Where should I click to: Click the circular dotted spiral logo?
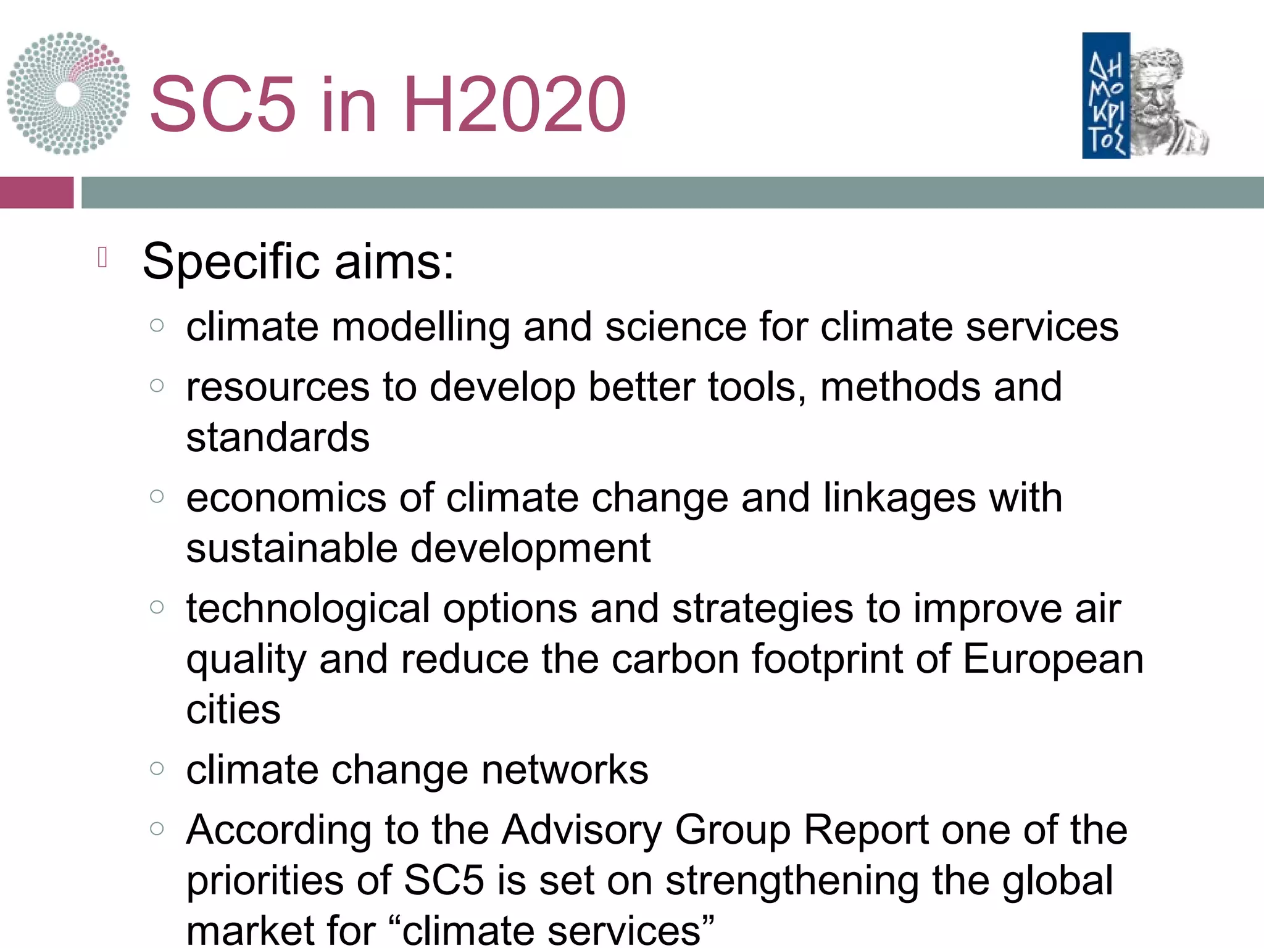(x=68, y=94)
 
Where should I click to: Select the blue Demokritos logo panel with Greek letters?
(x=1105, y=96)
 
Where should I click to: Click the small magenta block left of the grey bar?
(x=36, y=193)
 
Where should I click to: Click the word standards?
(x=278, y=438)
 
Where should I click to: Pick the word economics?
(x=286, y=497)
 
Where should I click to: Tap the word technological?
(x=308, y=609)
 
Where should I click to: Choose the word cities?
(x=233, y=710)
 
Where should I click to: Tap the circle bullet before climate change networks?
(x=157, y=768)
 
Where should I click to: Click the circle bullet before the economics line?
(x=157, y=496)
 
